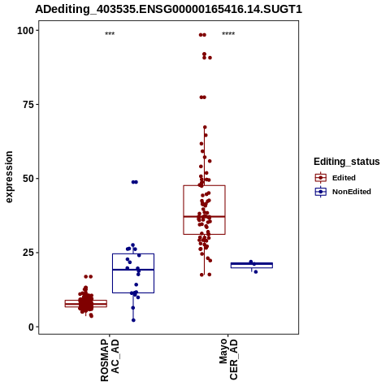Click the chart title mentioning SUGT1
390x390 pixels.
point(168,10)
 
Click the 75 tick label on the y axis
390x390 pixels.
point(28,105)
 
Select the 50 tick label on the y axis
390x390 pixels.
point(28,179)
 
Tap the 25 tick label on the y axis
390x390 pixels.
point(28,253)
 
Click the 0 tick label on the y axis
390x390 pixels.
point(31,327)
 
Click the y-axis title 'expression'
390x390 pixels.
point(9,177)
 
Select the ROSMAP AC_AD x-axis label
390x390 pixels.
point(110,361)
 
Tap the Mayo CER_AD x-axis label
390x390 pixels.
point(228,359)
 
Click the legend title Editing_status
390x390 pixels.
point(347,162)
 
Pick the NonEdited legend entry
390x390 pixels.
point(343,192)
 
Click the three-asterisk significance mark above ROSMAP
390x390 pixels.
point(110,34)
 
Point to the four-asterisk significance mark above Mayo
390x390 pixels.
point(228,34)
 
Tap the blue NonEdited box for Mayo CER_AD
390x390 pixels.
point(252,268)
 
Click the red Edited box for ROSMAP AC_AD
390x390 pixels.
point(65,304)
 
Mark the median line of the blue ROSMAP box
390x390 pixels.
point(133,270)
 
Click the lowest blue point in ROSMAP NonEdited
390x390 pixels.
point(133,320)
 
